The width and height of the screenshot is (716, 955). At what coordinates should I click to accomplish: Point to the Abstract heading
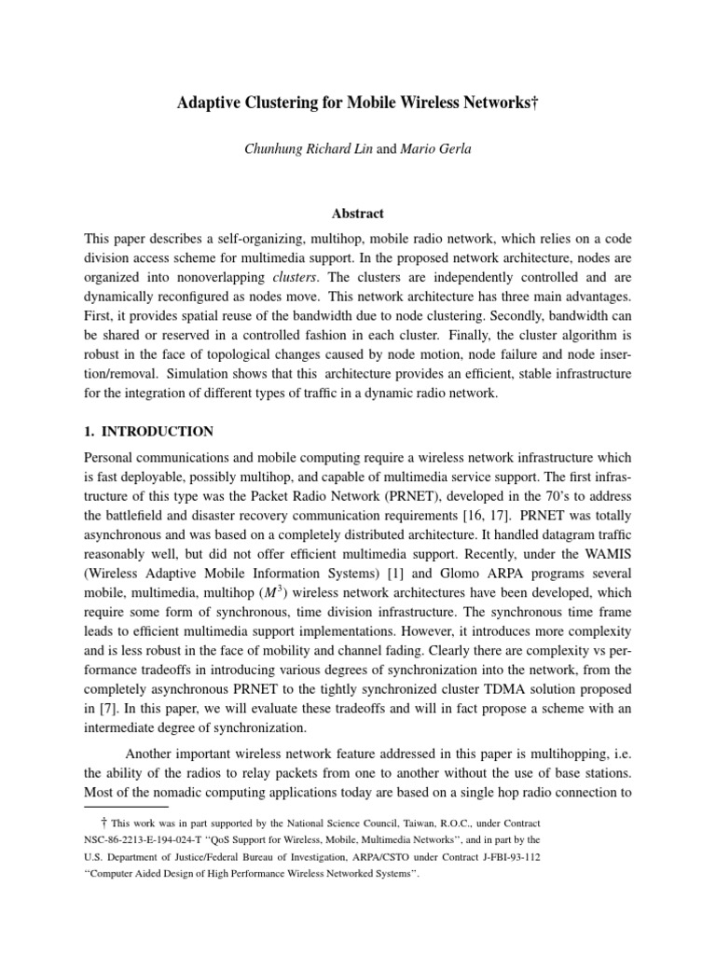[x=358, y=213]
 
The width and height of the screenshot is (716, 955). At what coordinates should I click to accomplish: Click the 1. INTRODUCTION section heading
[x=149, y=432]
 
